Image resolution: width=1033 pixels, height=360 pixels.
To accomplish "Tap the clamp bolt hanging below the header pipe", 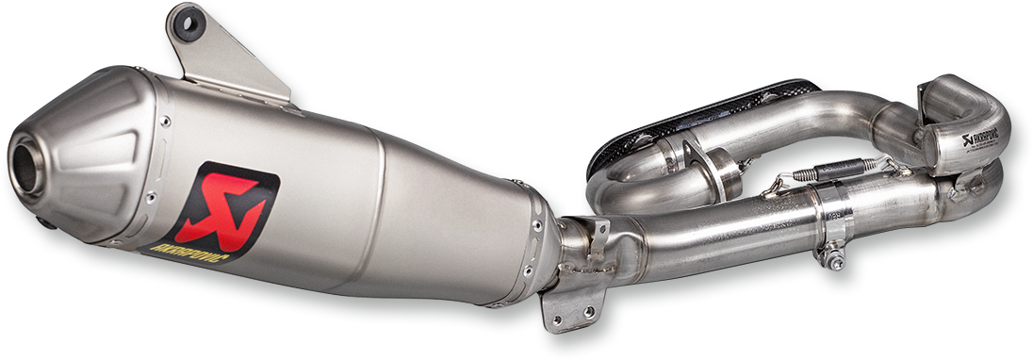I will pyautogui.click(x=833, y=256).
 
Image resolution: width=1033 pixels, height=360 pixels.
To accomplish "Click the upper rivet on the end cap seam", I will pyautogui.click(x=166, y=121).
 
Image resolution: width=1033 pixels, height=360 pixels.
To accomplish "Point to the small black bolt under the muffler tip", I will pyautogui.click(x=46, y=222).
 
